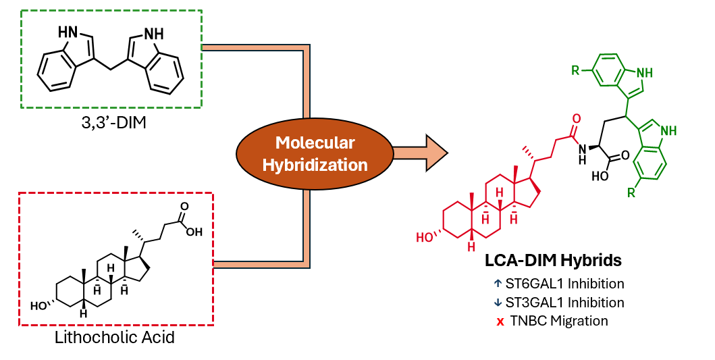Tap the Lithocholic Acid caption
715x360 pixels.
click(x=114, y=336)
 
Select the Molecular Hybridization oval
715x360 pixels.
click(x=315, y=153)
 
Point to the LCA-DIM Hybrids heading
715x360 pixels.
click(x=554, y=260)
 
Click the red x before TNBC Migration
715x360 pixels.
click(x=500, y=322)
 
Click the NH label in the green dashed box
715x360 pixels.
click(x=154, y=32)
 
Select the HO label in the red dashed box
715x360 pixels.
click(x=40, y=305)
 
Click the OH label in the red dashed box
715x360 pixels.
click(x=194, y=232)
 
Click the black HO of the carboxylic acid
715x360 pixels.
click(x=600, y=176)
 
